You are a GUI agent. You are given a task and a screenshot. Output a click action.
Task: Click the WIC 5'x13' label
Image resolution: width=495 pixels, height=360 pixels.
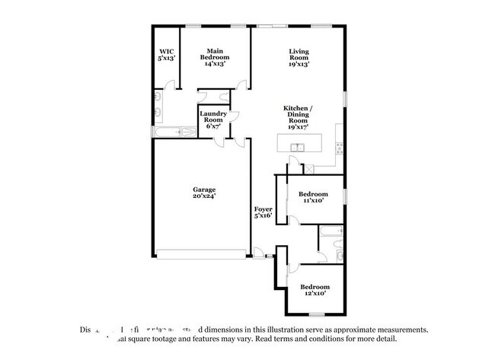coord(166,54)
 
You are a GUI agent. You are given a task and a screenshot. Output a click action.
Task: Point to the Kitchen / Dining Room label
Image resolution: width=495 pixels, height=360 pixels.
coord(298,118)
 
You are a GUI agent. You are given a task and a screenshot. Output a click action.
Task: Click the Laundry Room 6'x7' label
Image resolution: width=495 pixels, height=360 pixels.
coord(212,120)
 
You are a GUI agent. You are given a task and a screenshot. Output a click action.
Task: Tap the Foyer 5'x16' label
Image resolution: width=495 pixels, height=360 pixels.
coord(263,212)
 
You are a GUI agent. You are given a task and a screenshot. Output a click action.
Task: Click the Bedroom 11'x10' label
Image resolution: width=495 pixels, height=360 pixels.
coord(313,196)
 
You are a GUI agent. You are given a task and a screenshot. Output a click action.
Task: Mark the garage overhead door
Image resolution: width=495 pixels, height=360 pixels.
coord(202,253)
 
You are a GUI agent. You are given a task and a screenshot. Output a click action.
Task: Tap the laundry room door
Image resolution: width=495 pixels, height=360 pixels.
coord(234,117)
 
